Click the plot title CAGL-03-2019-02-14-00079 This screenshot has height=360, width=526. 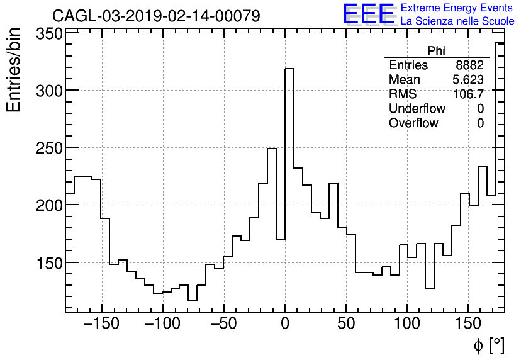pyautogui.click(x=155, y=16)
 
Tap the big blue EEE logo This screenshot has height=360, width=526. pyautogui.click(x=369, y=14)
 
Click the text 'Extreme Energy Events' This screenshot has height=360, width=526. pyautogui.click(x=456, y=8)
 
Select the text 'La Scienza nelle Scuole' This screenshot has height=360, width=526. pyautogui.click(x=457, y=21)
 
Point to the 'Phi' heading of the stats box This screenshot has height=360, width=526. pyautogui.click(x=436, y=51)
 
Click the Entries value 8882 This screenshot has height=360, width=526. pyautogui.click(x=470, y=65)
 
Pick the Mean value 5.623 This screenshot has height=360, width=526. pyautogui.click(x=468, y=80)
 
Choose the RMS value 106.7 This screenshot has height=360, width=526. pyautogui.click(x=469, y=94)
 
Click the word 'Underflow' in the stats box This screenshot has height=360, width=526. pyautogui.click(x=417, y=109)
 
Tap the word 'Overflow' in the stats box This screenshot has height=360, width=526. pyautogui.click(x=413, y=123)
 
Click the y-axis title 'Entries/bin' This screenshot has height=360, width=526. pyautogui.click(x=14, y=70)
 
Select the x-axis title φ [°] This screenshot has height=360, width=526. pyautogui.click(x=488, y=345)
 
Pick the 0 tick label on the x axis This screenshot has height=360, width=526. pyautogui.click(x=285, y=325)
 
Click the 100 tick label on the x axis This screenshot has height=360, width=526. pyautogui.click(x=407, y=325)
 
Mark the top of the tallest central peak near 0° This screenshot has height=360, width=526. pyautogui.click(x=289, y=69)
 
